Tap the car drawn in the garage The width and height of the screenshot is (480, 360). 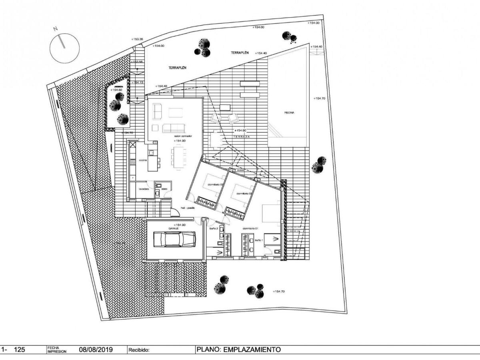click(x=174, y=240)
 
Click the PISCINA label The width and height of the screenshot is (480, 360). click(x=289, y=113)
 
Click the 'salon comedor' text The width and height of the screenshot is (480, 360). click(x=183, y=136)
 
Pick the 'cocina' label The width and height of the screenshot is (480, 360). click(x=143, y=160)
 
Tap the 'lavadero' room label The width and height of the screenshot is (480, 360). click(x=144, y=189)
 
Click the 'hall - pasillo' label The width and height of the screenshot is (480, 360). click(x=188, y=208)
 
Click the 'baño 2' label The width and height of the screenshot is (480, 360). click(x=214, y=229)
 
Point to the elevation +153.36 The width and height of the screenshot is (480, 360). click(x=137, y=39)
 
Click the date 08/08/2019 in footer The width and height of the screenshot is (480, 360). click(x=96, y=350)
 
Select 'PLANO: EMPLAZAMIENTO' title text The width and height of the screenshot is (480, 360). click(x=238, y=350)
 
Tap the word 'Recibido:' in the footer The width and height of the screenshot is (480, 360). click(x=139, y=350)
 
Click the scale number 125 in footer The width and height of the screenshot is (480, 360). click(x=19, y=350)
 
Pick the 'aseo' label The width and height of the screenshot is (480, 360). click(x=164, y=189)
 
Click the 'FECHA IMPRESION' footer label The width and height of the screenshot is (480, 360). click(x=57, y=350)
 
